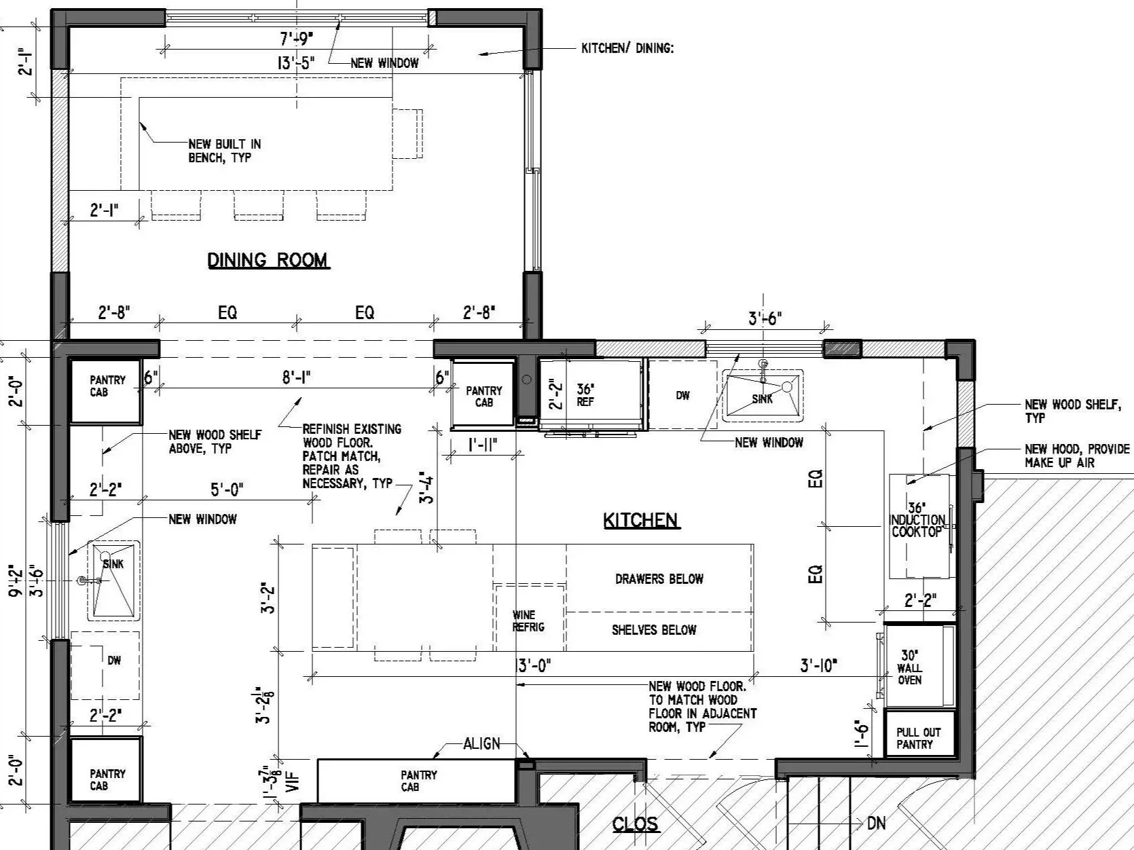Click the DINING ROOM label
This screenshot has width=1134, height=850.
[x=268, y=260]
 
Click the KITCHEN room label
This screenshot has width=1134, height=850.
[x=641, y=521]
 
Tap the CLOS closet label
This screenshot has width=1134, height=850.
[x=635, y=824]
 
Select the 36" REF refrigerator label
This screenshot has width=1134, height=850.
[x=585, y=395]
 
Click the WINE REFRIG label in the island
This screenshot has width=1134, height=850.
[x=528, y=621]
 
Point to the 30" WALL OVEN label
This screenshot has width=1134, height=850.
[x=909, y=667]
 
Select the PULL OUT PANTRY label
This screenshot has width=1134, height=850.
[x=918, y=739]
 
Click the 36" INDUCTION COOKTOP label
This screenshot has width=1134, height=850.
[x=917, y=520]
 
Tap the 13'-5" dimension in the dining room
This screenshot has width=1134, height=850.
[x=296, y=64]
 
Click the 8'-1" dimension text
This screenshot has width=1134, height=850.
[x=297, y=378]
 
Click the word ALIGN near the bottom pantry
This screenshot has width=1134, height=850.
[x=481, y=743]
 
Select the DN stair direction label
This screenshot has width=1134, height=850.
[x=876, y=824]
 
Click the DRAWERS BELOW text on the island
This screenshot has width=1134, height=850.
[x=659, y=579]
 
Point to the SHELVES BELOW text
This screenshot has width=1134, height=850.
[x=653, y=630]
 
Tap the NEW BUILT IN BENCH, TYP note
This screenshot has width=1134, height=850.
[x=224, y=151]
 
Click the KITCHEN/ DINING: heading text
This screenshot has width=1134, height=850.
[x=627, y=49]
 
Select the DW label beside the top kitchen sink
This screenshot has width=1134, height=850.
[x=682, y=396]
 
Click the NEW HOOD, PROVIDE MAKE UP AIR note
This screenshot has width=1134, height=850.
[x=1077, y=456]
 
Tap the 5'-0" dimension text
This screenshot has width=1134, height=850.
[x=227, y=489]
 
